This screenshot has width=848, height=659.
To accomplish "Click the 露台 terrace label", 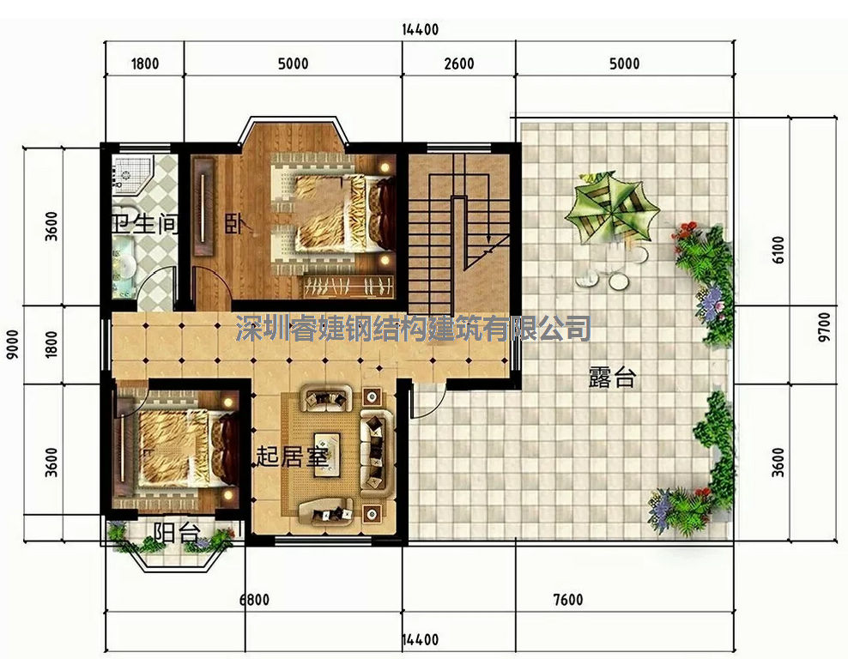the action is (612, 378).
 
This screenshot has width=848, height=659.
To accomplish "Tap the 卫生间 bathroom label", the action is (144, 223).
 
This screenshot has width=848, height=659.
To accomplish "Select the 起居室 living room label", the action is (292, 456).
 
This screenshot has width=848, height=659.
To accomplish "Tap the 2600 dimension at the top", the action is (459, 63).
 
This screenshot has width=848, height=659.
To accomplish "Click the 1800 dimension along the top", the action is (145, 63).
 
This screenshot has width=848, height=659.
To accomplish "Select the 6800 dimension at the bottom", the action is (254, 600).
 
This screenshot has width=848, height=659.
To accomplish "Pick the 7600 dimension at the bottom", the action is (568, 600).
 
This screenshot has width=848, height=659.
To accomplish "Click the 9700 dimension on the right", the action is (824, 327).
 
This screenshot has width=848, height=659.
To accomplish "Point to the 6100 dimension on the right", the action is (778, 249).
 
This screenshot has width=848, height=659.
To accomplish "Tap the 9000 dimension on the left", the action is (12, 344).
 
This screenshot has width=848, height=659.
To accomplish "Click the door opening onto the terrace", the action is (427, 400).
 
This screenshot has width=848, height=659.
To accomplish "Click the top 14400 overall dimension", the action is (421, 29).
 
